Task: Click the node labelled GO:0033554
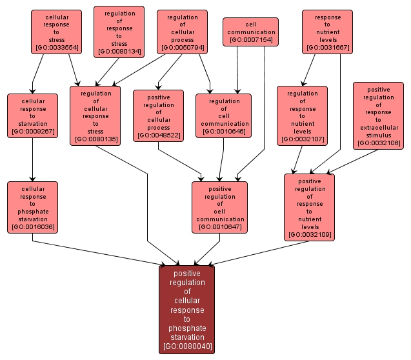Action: click(x=56, y=31)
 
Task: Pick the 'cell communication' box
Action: click(x=251, y=31)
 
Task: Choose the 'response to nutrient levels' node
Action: click(x=328, y=31)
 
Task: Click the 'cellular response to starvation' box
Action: click(x=32, y=116)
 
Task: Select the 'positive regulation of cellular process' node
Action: click(x=159, y=115)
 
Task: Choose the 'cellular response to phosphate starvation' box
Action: click(x=32, y=206)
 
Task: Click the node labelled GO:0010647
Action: click(x=219, y=206)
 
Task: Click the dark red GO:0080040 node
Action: click(x=186, y=310)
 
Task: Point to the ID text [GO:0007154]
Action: click(x=251, y=40)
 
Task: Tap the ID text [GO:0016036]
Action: click(x=32, y=227)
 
